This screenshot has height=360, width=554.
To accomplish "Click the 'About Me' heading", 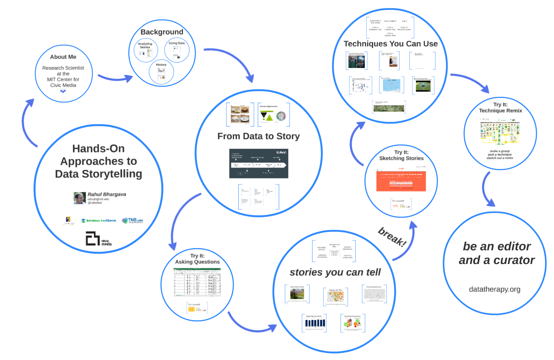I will click(x=63, y=57).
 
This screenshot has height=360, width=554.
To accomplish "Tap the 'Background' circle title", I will click(x=162, y=32).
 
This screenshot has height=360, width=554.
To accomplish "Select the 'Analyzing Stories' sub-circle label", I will click(x=145, y=45).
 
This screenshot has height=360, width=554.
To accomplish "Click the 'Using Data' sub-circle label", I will click(x=177, y=43).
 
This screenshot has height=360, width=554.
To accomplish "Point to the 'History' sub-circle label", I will click(x=161, y=65).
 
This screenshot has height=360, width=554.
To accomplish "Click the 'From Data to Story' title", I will click(x=258, y=136).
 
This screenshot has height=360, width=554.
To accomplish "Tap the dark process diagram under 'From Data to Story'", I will click(x=258, y=163).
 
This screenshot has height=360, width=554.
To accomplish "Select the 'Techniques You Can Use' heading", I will click(x=391, y=44).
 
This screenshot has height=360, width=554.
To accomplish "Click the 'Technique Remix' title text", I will click(x=500, y=110).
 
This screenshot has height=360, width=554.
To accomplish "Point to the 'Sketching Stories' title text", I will click(x=401, y=158).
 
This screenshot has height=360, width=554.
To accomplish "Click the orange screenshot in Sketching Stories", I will click(x=401, y=181).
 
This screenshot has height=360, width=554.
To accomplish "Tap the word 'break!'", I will click(x=392, y=237).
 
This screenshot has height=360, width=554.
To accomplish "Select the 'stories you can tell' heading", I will click(x=335, y=272).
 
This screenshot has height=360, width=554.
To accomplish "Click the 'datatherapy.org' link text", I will click(x=495, y=289).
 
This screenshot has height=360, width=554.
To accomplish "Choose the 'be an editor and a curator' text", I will click(x=497, y=253).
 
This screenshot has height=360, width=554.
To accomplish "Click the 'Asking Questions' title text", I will click(x=197, y=262).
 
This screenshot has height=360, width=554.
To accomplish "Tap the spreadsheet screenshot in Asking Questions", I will click(x=197, y=282).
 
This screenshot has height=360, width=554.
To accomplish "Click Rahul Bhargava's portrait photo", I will click(x=80, y=198).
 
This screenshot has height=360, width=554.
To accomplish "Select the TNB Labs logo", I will click(x=133, y=220).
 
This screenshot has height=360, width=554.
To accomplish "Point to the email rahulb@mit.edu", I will click(x=98, y=199).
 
